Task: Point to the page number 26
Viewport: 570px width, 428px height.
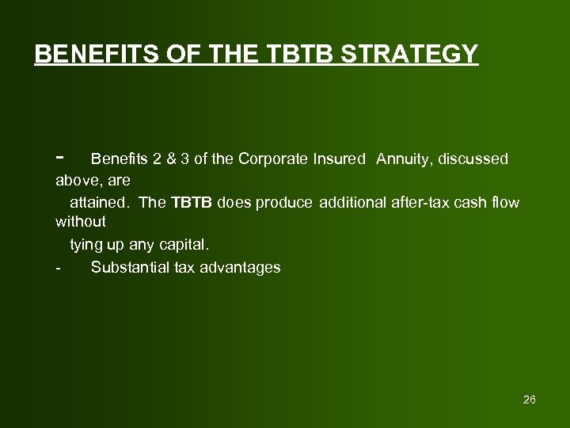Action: click(x=529, y=399)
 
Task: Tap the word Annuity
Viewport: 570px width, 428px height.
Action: click(x=402, y=159)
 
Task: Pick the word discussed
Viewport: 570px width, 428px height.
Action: click(x=473, y=159)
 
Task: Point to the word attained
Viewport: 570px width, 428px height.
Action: click(x=101, y=202)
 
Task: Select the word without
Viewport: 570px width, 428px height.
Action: click(x=80, y=224)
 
